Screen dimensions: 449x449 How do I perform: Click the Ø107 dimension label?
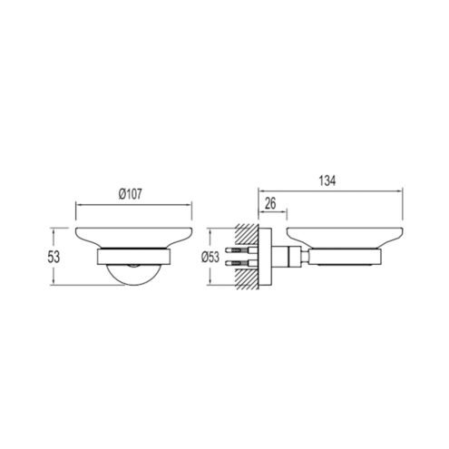pyautogui.click(x=130, y=194)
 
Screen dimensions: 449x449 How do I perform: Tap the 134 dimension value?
pyautogui.click(x=327, y=181)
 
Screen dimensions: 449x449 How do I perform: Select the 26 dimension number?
pyautogui.click(x=270, y=203)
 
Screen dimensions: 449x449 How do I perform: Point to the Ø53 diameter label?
pyautogui.click(x=210, y=257)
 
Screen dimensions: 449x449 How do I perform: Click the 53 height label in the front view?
pyautogui.click(x=54, y=257)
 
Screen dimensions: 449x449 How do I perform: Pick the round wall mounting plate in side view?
pyautogui.click(x=265, y=256)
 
